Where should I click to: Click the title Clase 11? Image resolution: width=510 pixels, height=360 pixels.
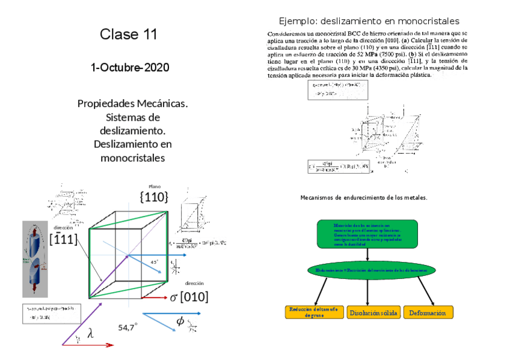[x=129, y=34]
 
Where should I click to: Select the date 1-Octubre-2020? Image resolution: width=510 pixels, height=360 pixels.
[x=130, y=67]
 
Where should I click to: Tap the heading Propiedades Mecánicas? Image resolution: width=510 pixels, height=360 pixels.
[x=133, y=104]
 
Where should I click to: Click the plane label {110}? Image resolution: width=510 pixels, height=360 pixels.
[x=153, y=197]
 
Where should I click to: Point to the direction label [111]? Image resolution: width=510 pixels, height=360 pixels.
[x=64, y=239]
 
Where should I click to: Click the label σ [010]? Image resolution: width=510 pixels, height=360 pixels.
[x=189, y=297]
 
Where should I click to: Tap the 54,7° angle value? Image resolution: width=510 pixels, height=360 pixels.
[x=127, y=328]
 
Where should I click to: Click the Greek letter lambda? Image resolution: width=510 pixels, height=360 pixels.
[x=91, y=334]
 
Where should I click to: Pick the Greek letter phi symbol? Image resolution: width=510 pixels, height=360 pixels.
[x=180, y=322]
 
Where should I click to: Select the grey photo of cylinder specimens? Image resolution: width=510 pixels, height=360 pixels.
[x=35, y=259]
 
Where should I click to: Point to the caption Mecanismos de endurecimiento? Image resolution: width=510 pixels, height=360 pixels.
[x=364, y=197]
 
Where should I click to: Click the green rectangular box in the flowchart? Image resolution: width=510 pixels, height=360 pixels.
[x=367, y=234]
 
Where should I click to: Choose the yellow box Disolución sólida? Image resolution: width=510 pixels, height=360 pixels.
[x=373, y=313]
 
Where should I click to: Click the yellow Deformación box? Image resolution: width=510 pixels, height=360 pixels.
[x=429, y=313]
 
